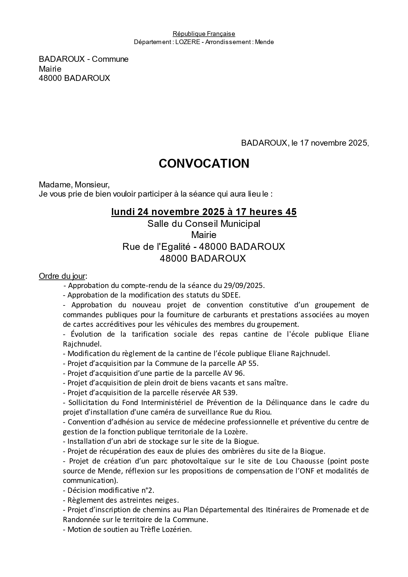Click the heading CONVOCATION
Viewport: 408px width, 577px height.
(204, 164)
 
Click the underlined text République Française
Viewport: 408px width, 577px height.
(204, 34)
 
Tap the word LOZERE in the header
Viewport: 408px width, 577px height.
(188, 42)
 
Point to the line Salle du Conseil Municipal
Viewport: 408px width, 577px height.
(204, 224)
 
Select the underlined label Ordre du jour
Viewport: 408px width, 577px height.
(62, 276)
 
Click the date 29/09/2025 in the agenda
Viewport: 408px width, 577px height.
(243, 285)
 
